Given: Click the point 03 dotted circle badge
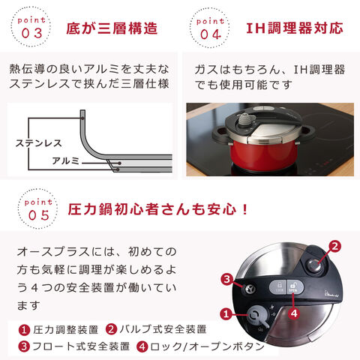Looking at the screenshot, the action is (x=31, y=27).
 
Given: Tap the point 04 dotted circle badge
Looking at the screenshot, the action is (x=209, y=28).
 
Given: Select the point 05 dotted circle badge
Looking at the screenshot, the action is (x=37, y=208).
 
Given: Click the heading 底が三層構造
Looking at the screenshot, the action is (x=112, y=28).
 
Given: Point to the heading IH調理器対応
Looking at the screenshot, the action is (x=295, y=28).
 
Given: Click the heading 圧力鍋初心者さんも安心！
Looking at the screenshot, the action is (x=158, y=209).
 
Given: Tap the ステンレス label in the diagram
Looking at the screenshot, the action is (x=38, y=143).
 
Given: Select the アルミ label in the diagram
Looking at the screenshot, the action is (x=66, y=160).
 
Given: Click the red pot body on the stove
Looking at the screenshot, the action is (x=264, y=156).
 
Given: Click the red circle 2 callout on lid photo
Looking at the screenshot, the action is (x=334, y=246).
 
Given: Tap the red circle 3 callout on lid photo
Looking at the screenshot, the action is (x=227, y=279).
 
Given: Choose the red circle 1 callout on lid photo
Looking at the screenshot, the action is (x=226, y=313).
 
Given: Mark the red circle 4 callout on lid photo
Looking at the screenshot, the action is (x=294, y=313).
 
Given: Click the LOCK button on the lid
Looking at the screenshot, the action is (x=277, y=286).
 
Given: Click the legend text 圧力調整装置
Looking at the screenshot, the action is (x=66, y=330).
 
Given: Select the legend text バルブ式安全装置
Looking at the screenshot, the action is (x=163, y=329).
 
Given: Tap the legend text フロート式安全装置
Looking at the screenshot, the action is (x=81, y=346).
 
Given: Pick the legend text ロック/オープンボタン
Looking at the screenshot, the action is (x=207, y=346).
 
